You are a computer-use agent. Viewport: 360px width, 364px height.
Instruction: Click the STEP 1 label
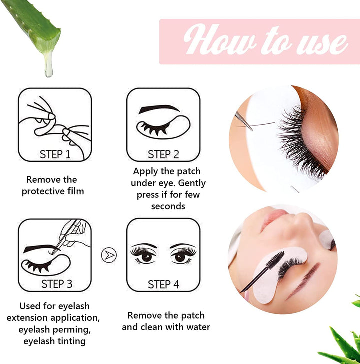pyautogui.click(x=55, y=154)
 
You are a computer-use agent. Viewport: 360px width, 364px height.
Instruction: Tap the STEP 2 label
pyautogui.click(x=163, y=154)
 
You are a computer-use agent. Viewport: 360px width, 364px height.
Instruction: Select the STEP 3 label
pyautogui.click(x=57, y=284)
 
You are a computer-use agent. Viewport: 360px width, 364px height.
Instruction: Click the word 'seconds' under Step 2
pyautogui.click(x=168, y=206)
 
